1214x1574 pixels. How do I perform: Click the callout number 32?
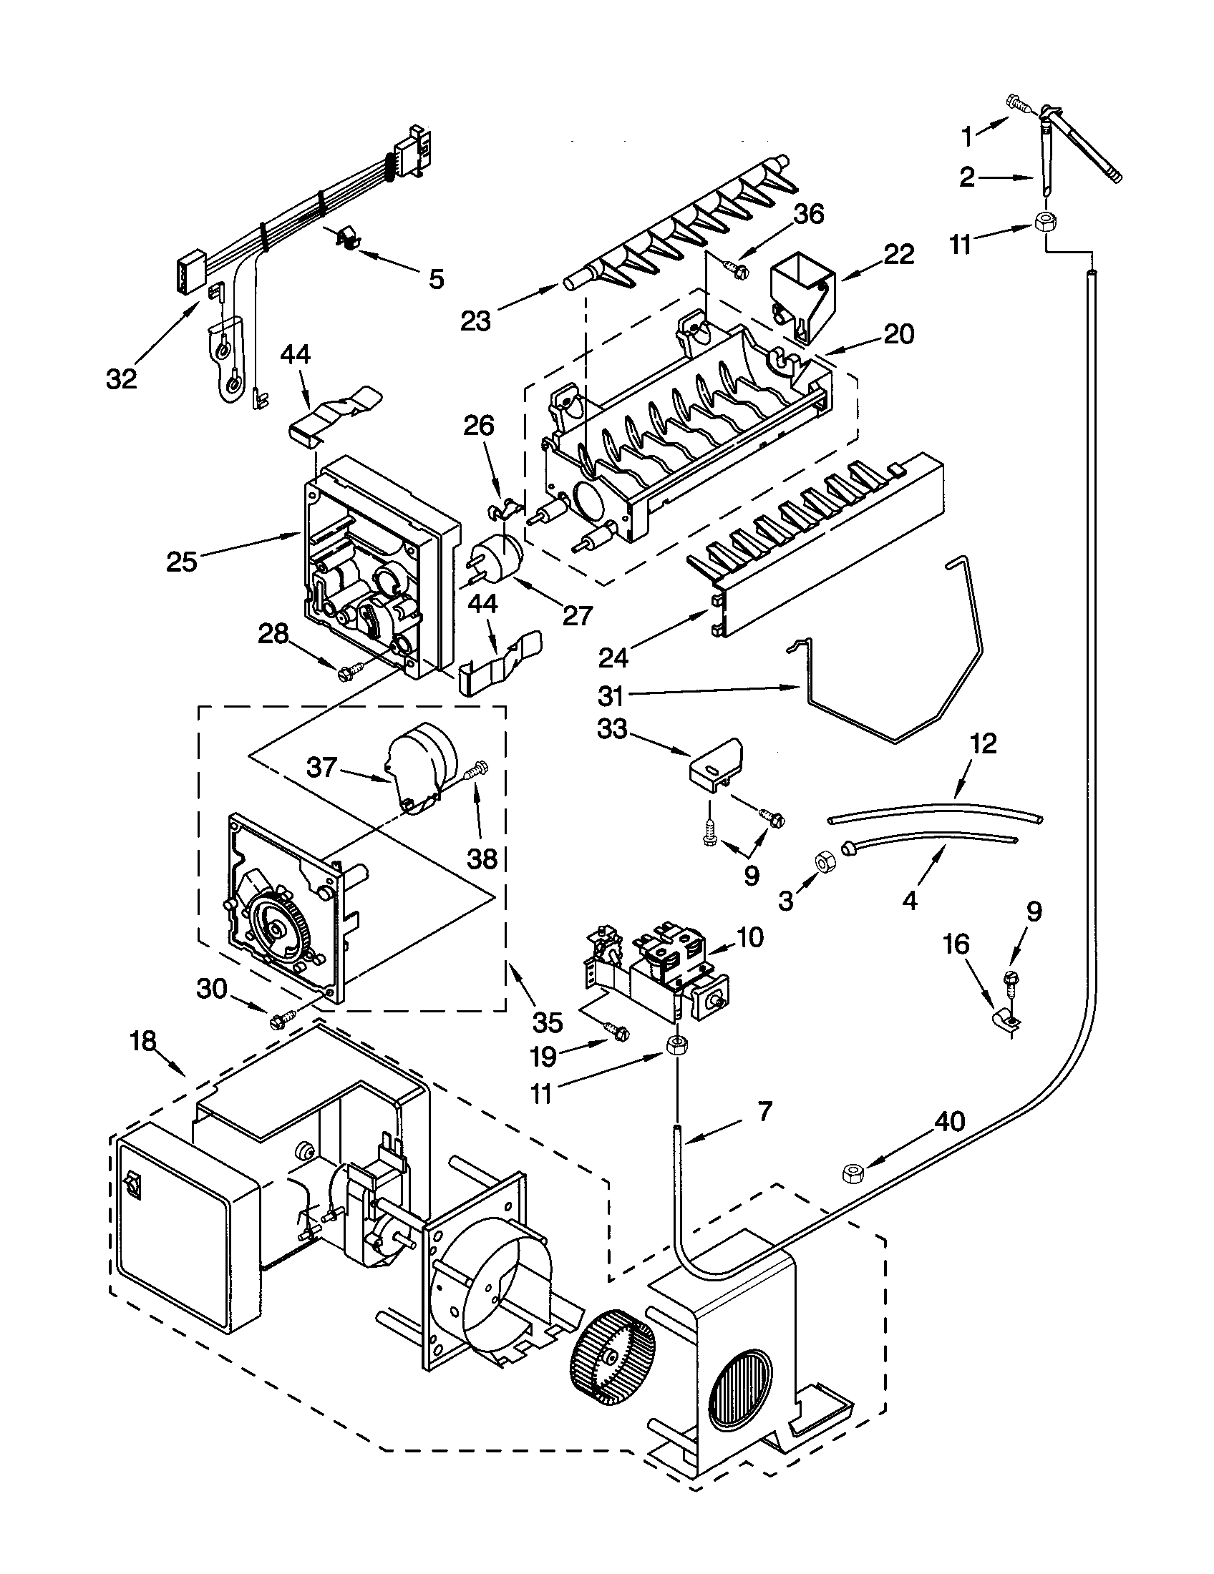pyautogui.click(x=121, y=378)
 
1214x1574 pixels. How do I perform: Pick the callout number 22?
pyautogui.click(x=897, y=254)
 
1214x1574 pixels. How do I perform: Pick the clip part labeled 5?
pyautogui.click(x=348, y=238)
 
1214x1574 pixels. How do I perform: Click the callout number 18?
pyautogui.click(x=143, y=1042)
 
